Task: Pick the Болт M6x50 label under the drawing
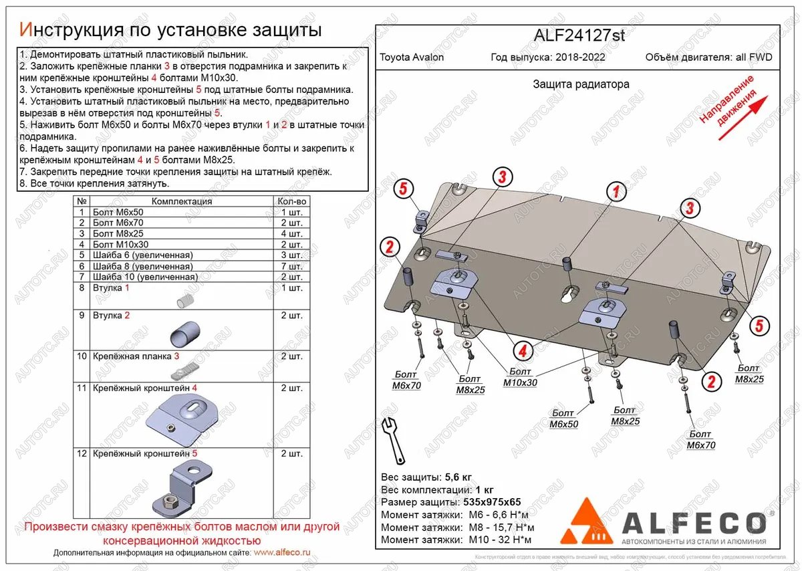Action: [x=563, y=419]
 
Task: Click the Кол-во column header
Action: [x=291, y=201]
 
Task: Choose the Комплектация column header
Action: [x=181, y=201]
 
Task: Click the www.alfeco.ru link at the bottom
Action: [x=283, y=553]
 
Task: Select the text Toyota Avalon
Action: [x=412, y=58]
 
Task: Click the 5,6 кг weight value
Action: [x=458, y=477]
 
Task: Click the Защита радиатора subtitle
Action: [x=581, y=84]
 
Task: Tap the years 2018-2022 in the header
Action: [x=579, y=58]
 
